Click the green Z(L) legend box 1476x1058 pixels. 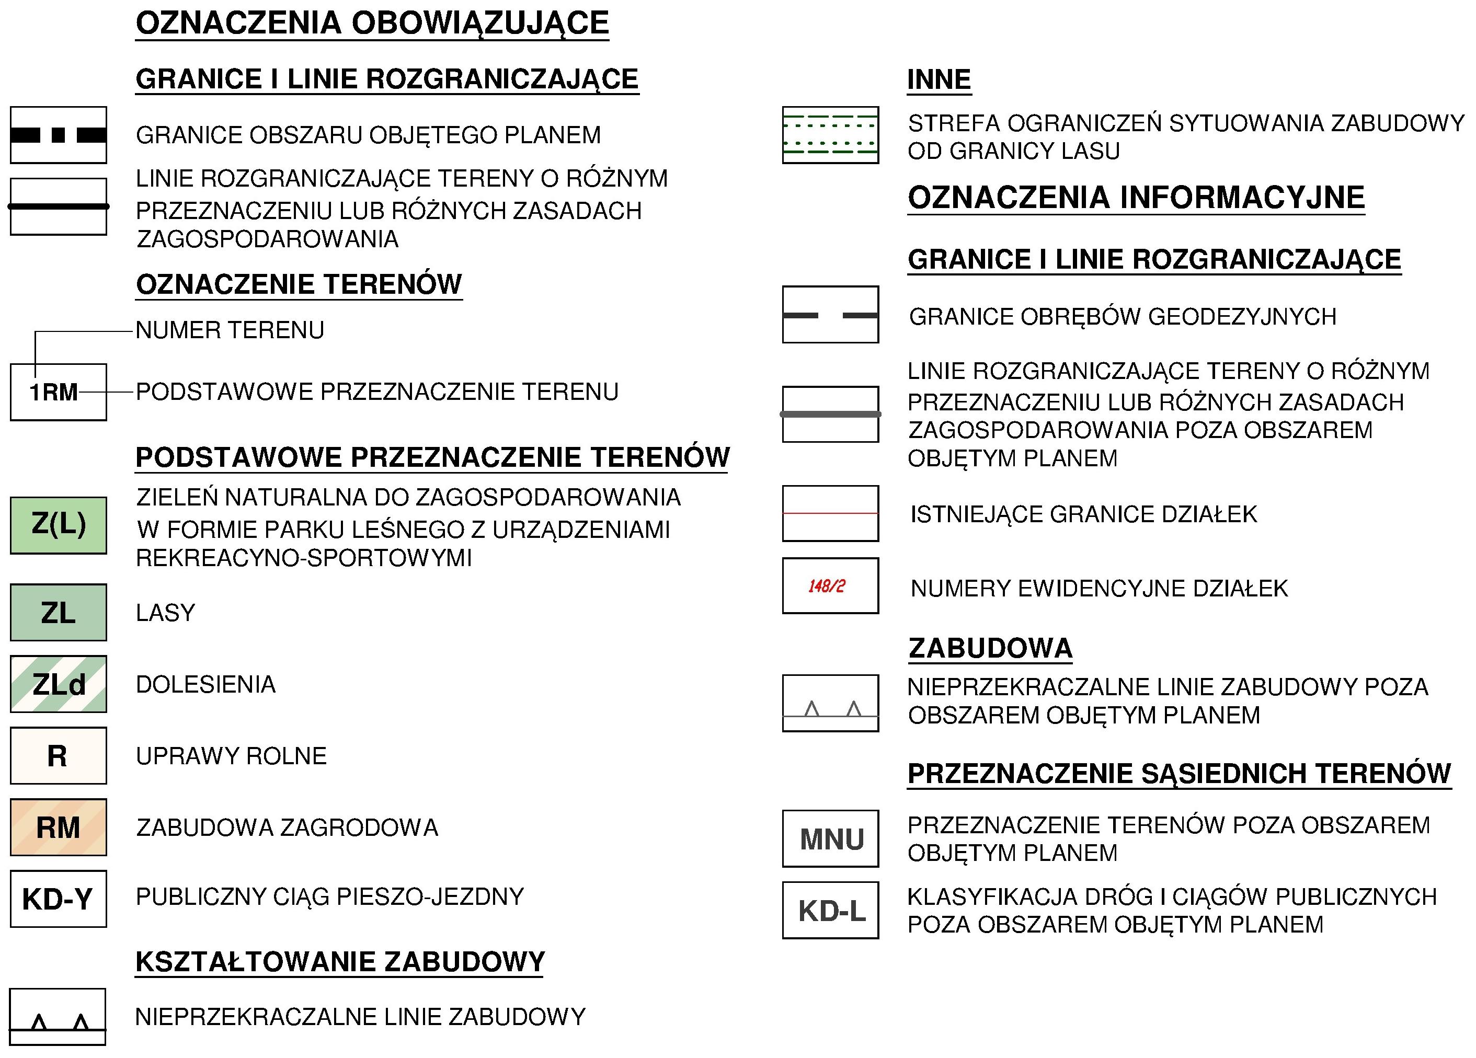click(x=59, y=525)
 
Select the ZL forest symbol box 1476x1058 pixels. click(x=59, y=612)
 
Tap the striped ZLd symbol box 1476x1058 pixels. click(x=59, y=684)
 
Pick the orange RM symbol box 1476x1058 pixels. click(x=59, y=827)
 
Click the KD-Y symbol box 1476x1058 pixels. click(x=59, y=899)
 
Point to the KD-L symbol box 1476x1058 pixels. click(x=830, y=910)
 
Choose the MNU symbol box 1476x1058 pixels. click(x=830, y=839)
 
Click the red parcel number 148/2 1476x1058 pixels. click(x=827, y=586)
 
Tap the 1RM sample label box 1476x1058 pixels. click(x=59, y=392)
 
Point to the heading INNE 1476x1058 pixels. click(x=939, y=79)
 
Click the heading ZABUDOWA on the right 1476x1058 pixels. click(x=990, y=648)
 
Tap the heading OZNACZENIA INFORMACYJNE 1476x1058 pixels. click(x=1136, y=197)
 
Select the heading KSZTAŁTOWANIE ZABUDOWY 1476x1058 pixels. click(x=340, y=962)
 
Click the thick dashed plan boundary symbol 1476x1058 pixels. click(x=59, y=135)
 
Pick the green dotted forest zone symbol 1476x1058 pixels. click(x=830, y=135)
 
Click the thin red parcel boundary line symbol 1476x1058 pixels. click(x=830, y=513)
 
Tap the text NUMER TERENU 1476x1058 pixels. click(x=230, y=330)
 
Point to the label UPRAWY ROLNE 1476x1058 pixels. click(x=231, y=756)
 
